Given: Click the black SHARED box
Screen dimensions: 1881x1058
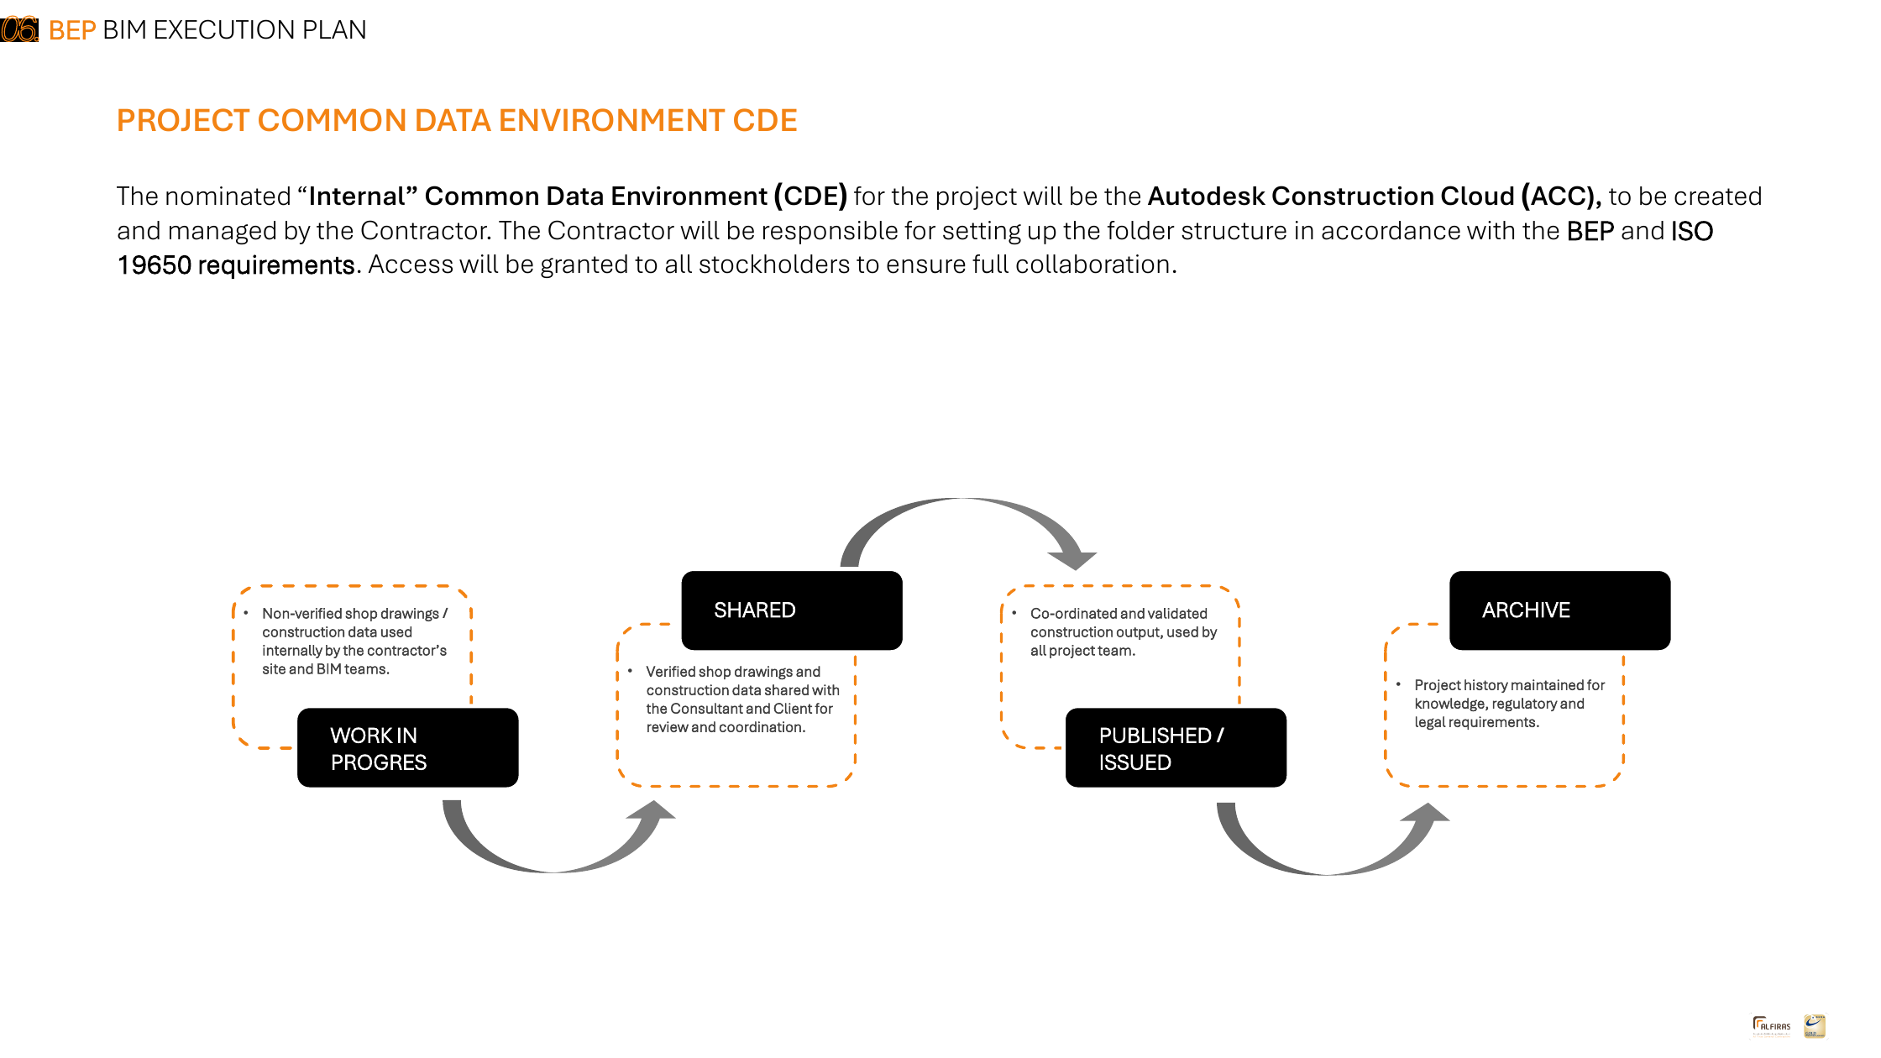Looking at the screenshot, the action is (x=792, y=610).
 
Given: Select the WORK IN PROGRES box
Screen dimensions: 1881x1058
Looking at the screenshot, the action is (x=408, y=747).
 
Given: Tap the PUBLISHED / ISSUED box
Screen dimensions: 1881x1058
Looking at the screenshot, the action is (x=1176, y=747).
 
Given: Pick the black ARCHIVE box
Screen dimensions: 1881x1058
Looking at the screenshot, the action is (x=1560, y=610).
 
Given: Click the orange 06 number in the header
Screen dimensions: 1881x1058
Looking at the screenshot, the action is (x=19, y=29).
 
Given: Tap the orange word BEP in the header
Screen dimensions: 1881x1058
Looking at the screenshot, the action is (x=72, y=30).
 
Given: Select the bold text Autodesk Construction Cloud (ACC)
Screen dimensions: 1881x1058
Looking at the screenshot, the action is (x=1375, y=196).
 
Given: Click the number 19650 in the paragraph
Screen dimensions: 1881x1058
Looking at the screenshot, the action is (x=154, y=265).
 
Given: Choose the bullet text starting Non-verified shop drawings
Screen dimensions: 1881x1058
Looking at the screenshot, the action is (x=354, y=642).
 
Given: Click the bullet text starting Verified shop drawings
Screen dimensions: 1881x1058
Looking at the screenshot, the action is (x=742, y=699).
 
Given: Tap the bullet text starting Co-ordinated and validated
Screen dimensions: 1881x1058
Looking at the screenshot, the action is (x=1124, y=632).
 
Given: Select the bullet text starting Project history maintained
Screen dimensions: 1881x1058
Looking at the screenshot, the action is (x=1509, y=704).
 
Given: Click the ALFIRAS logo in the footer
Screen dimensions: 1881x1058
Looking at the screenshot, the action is (x=1772, y=1026).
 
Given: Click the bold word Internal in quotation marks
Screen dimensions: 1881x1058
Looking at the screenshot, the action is (x=357, y=196).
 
